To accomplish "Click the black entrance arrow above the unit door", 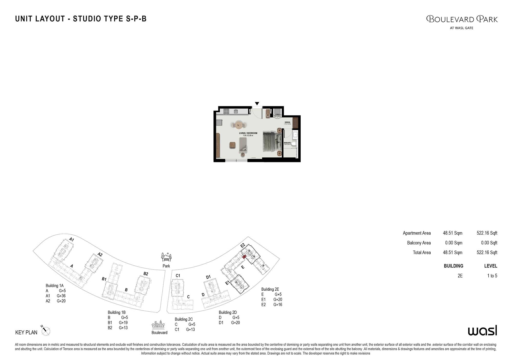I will (x=257, y=103).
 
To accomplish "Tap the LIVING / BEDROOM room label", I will (x=248, y=133).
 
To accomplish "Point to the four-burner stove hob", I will (x=226, y=111).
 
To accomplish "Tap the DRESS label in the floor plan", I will (x=287, y=122).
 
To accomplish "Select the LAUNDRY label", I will (x=277, y=115).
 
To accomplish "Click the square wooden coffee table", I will (x=232, y=145).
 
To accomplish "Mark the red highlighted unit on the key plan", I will (x=244, y=256).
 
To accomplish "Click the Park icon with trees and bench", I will (x=166, y=257).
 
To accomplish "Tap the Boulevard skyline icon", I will (x=158, y=324).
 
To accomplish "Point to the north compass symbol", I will (x=46, y=331).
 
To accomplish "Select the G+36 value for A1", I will (x=61, y=296).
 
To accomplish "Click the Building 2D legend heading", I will (x=228, y=312).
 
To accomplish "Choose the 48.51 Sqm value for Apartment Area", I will (x=452, y=233).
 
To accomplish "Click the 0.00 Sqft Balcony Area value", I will (x=489, y=243).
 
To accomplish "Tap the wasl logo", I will (x=482, y=331).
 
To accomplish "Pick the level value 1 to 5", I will (x=492, y=276).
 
